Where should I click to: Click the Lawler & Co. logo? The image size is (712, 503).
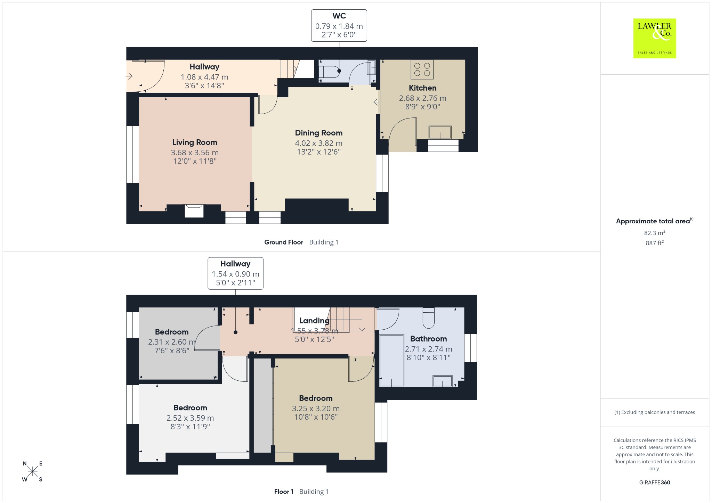pos(654,38)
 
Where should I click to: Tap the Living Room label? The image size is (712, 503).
pos(195,142)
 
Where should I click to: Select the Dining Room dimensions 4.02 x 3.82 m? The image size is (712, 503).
pos(318,143)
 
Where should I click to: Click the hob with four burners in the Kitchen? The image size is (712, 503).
pos(422,69)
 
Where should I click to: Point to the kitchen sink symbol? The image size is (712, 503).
pos(440,132)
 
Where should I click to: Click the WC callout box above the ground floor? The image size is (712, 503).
pos(339,25)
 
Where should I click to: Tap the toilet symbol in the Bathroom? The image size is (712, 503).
pos(429,318)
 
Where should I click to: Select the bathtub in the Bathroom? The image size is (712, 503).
pos(392,360)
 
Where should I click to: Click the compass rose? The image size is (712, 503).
pos(33,471)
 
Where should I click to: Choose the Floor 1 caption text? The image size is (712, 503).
pos(284,492)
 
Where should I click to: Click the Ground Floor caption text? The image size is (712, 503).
pos(284,242)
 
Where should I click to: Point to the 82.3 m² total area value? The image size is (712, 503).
pos(655,233)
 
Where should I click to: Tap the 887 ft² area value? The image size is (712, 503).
pos(655,243)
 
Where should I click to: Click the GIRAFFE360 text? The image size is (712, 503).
pos(655,482)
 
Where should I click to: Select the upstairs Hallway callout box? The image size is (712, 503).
pos(235,273)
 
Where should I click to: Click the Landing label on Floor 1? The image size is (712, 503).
pos(314,321)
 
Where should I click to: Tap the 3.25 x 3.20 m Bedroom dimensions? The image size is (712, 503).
pos(316,409)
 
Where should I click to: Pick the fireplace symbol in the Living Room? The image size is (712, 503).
pos(194,211)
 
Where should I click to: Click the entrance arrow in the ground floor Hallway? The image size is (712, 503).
pos(129,76)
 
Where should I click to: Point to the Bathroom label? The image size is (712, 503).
pos(428,339)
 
